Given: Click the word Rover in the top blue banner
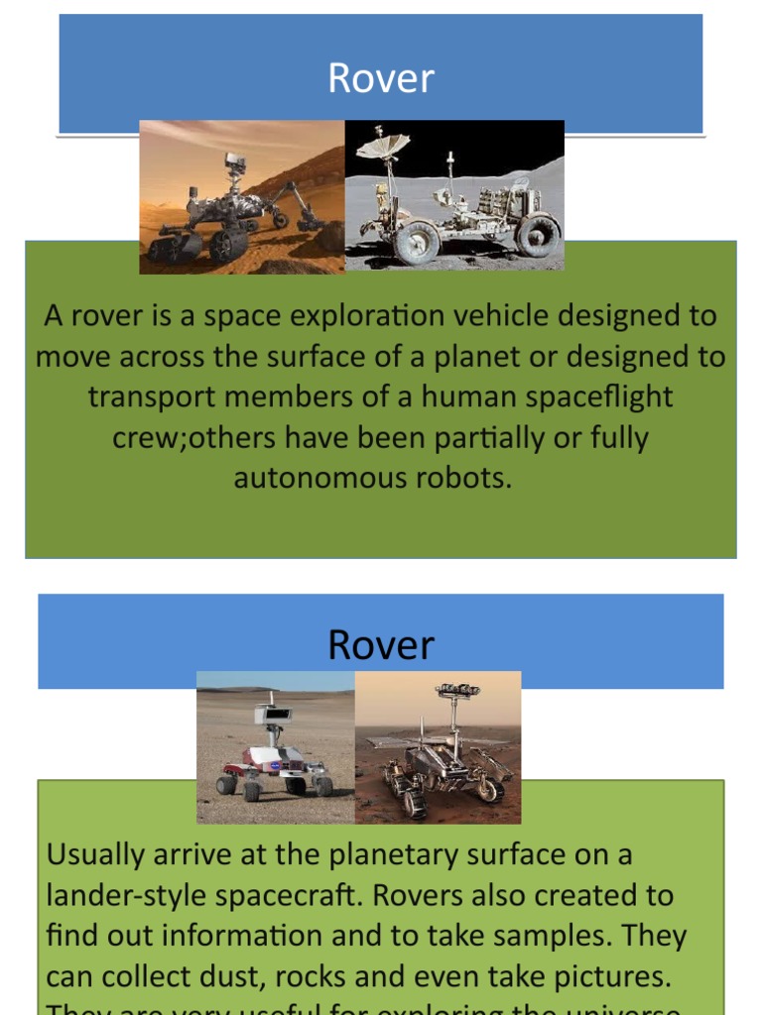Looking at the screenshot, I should (x=381, y=79).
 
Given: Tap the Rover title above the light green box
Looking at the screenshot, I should (x=381, y=645).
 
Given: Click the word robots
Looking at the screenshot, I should (x=465, y=478).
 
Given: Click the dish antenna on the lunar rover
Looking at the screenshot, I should (x=384, y=146).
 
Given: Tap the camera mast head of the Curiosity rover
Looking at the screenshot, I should (x=234, y=161).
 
